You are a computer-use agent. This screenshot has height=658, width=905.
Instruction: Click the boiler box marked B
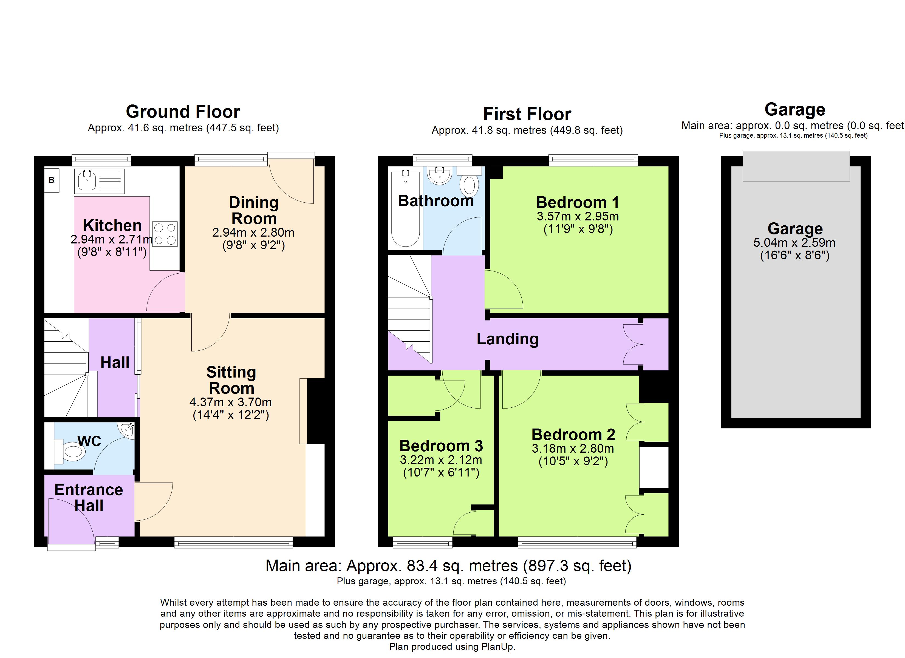[52, 180]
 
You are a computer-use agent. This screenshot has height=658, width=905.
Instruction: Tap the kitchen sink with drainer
[99, 181]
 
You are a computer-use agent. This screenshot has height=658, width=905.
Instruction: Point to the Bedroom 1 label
[577, 202]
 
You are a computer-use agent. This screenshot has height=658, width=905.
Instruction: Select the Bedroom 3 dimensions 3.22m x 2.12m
[441, 460]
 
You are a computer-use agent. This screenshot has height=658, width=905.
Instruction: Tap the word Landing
[508, 339]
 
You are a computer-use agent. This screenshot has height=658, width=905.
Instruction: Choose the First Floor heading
[527, 114]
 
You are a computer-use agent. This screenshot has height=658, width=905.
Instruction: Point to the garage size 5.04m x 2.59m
[794, 242]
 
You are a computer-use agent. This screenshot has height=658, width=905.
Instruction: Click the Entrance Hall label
[89, 498]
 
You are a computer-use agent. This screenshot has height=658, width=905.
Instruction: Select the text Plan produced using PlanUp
[452, 646]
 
